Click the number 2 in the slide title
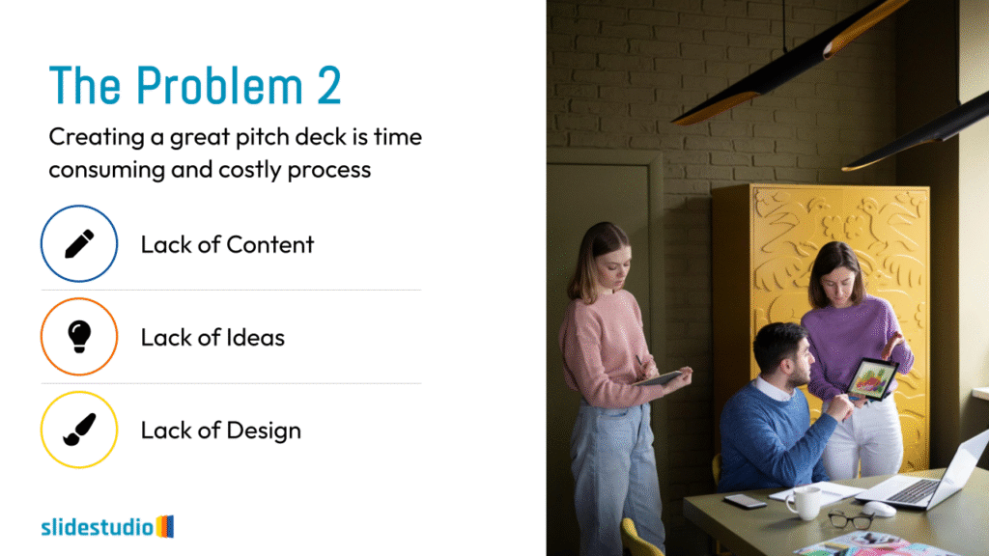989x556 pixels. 328,85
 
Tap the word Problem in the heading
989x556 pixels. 219,85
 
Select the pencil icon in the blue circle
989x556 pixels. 79,244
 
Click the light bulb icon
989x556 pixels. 79,337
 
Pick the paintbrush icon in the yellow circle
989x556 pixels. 79,430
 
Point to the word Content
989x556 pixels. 270,244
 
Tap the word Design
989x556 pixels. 264,431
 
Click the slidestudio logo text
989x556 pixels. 98,526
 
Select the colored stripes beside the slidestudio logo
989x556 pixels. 164,526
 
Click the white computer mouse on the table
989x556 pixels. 879,509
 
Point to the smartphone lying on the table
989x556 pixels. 745,501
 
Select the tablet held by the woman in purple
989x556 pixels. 872,379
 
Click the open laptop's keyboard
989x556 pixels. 916,490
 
